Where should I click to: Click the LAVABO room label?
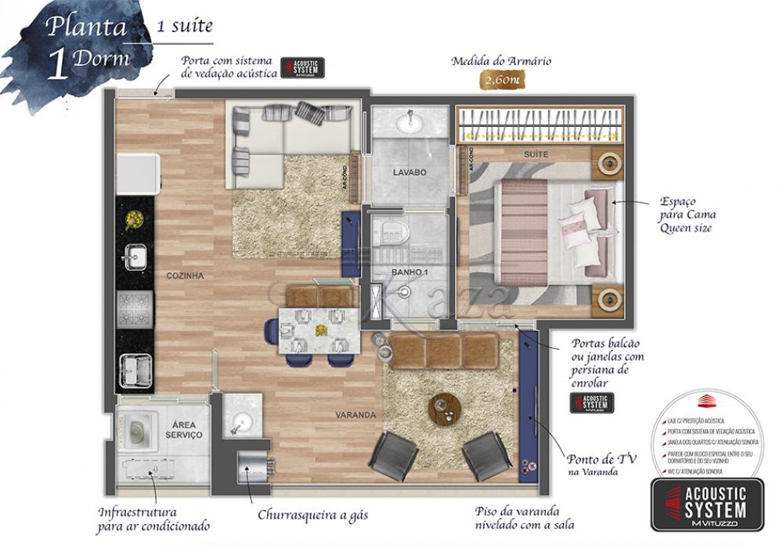tap(410, 172)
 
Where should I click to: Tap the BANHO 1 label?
tap(408, 273)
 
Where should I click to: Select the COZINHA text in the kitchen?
tap(185, 276)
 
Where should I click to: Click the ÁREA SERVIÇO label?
tap(184, 429)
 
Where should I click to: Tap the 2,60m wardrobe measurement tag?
tap(502, 80)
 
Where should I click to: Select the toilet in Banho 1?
tap(390, 231)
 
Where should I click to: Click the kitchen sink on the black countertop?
tap(134, 255)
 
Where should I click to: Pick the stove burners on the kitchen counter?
tap(134, 308)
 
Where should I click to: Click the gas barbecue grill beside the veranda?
tap(255, 469)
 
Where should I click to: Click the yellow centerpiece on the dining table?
tap(319, 330)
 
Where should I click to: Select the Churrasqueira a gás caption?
tap(312, 516)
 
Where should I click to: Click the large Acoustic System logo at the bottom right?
tap(707, 505)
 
